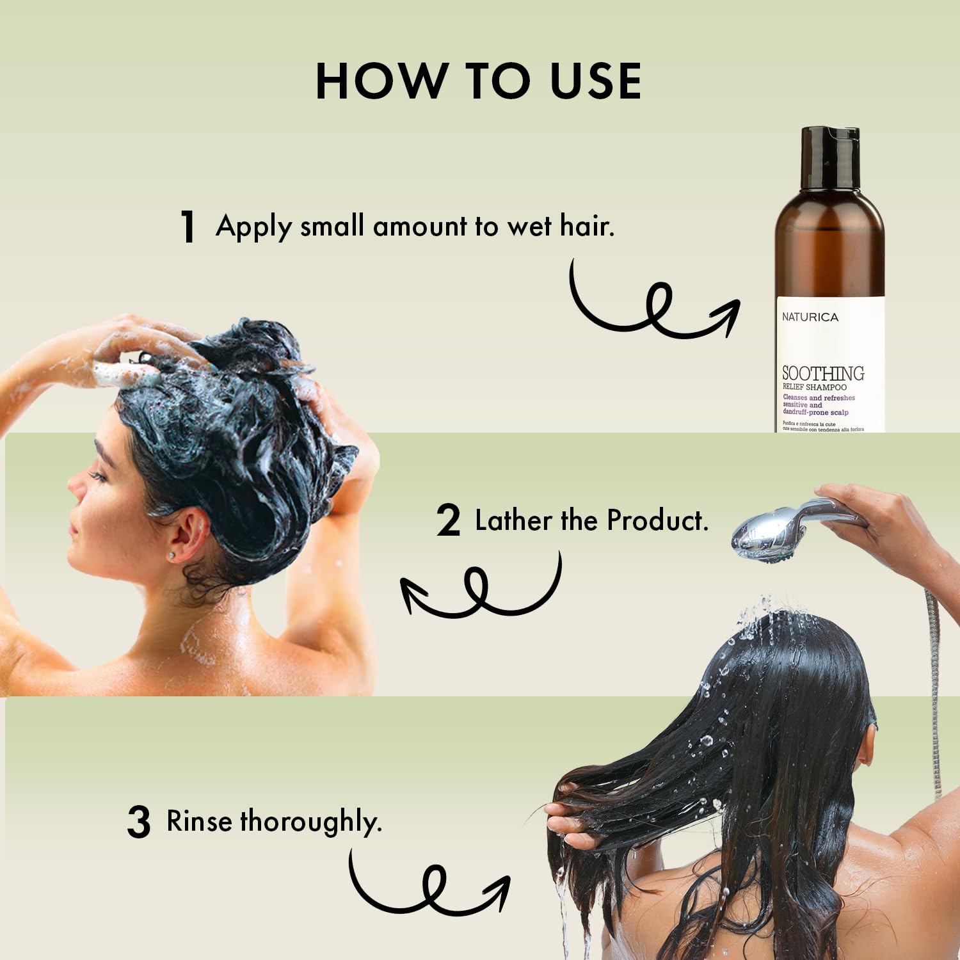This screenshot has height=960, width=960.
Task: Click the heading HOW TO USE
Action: [479, 81]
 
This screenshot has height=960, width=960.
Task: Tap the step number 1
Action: [187, 227]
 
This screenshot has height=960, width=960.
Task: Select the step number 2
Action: [448, 520]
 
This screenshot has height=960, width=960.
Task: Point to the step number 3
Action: [139, 822]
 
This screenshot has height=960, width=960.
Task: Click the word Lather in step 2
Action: [513, 520]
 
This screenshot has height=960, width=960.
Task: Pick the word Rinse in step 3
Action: [199, 820]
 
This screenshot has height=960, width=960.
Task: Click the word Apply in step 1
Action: [253, 227]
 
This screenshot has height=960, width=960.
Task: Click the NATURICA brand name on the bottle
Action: [810, 317]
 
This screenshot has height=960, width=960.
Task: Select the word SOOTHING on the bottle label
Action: [823, 373]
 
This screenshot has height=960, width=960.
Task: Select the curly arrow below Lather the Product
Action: [480, 589]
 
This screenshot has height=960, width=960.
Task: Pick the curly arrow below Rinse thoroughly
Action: [429, 886]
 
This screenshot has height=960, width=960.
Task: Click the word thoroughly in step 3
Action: [310, 822]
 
